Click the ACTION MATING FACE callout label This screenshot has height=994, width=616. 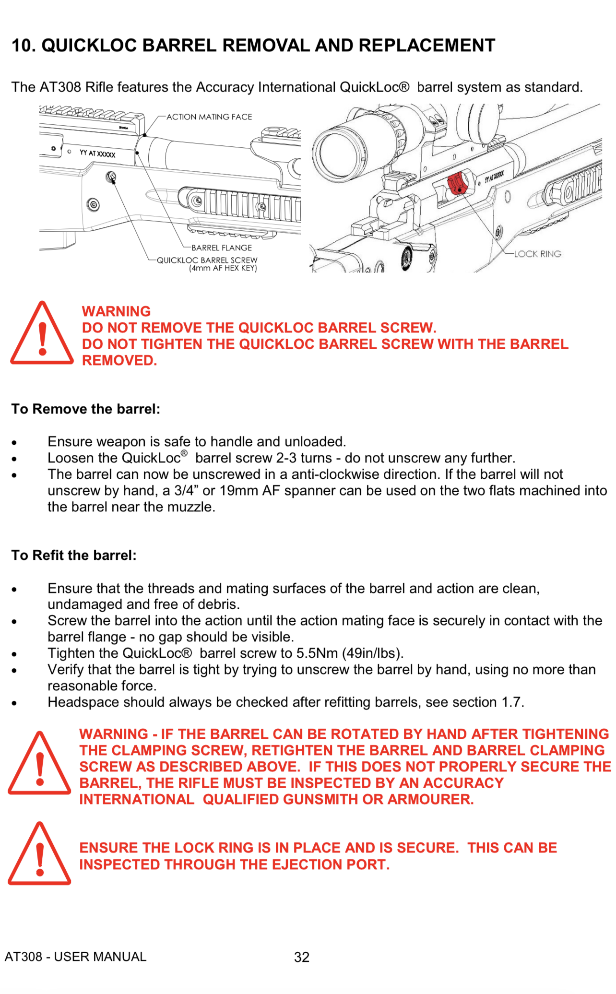click(x=209, y=117)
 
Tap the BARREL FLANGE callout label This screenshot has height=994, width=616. click(x=222, y=248)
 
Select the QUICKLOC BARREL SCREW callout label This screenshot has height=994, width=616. click(x=207, y=260)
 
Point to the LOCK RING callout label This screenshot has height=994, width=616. click(x=537, y=254)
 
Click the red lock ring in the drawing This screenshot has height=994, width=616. click(x=457, y=183)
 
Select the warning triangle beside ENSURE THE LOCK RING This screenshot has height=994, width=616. click(x=40, y=854)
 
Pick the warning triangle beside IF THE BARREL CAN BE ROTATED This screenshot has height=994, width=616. click(x=40, y=764)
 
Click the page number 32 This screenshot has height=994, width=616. click(x=302, y=957)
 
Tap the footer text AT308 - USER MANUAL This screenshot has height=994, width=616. click(x=75, y=957)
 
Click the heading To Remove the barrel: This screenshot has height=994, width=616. click(x=86, y=409)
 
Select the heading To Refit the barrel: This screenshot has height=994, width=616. click(x=74, y=555)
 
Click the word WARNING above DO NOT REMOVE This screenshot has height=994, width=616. click(x=116, y=311)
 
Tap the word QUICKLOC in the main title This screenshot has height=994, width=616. click(x=89, y=45)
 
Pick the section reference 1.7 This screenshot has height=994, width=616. click(x=511, y=702)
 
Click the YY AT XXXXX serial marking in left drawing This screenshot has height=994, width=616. click(x=97, y=154)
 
